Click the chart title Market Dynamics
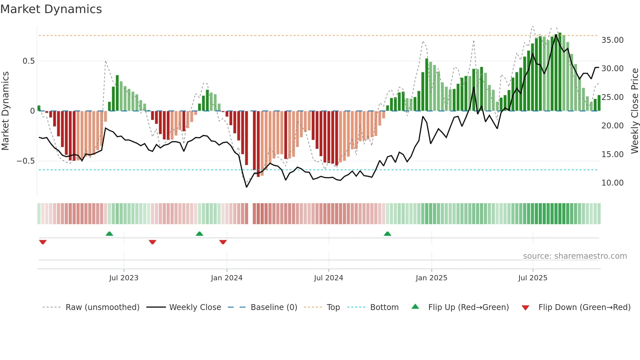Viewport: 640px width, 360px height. coord(51,9)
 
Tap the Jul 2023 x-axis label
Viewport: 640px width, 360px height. coord(124,278)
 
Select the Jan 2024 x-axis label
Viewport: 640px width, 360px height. coord(227,278)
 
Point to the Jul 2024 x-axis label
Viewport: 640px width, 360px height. coord(328,278)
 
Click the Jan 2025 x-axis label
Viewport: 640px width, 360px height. coord(431,278)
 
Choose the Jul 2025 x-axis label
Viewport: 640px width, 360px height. coord(533,278)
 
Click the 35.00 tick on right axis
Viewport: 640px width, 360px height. coord(612,40)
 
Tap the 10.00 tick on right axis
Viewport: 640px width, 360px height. coord(612,183)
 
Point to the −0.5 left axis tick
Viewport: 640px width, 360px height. coord(25,161)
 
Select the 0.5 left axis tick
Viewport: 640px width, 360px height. coord(28,61)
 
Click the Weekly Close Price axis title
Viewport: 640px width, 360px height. coord(634,111)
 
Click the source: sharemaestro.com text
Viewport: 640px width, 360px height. coord(575,256)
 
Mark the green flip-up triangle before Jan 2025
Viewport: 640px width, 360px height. coord(387,234)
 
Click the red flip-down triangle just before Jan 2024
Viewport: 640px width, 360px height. coord(223,242)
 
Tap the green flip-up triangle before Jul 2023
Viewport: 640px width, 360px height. coord(109,234)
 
